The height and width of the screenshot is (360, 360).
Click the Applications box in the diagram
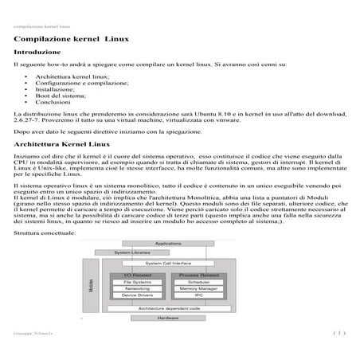coord(167,243)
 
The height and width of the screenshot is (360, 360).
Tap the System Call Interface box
coord(167,262)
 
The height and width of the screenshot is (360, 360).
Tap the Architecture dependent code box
coord(167,307)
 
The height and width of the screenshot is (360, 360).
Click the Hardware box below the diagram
coord(167,318)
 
